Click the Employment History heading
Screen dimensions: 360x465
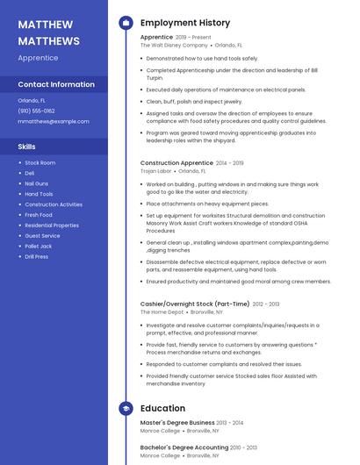184,23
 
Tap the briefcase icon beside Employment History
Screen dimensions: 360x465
126,23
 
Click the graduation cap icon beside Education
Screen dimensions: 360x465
126,408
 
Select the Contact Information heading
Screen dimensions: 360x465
56,85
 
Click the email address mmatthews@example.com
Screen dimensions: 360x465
54,121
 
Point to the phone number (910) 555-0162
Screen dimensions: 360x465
37,111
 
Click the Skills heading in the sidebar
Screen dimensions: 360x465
27,147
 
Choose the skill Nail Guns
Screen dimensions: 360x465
37,183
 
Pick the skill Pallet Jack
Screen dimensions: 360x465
39,247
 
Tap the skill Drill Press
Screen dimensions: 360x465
37,257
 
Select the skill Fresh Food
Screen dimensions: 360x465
39,215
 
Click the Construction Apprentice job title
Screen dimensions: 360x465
176,163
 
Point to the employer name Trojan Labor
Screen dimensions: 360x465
155,171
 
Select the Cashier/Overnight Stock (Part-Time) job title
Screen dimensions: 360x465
195,304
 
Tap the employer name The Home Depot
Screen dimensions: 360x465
162,311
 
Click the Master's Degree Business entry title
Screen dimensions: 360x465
177,423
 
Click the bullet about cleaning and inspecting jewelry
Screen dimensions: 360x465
194,101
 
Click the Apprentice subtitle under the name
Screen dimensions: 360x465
38,58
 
